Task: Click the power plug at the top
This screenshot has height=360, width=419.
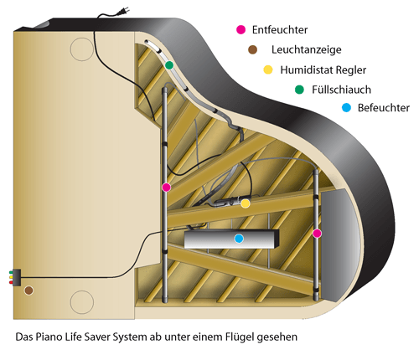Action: pos(122,11)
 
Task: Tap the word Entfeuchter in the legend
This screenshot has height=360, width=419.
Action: pos(280,30)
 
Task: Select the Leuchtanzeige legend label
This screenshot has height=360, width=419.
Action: pos(307,50)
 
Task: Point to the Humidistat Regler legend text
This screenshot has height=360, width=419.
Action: pos(323,69)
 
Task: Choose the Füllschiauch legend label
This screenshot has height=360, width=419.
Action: pos(341,90)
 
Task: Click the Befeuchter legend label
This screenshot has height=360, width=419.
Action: pos(384,108)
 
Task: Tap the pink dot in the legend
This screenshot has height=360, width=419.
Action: pos(241,29)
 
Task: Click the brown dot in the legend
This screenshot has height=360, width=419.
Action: pos(252,49)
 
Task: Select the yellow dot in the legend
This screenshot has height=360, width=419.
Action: pos(268,69)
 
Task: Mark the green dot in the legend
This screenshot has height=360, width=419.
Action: pos(299,90)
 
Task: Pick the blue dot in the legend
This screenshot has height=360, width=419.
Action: pos(346,107)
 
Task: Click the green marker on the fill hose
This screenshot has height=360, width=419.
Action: pos(169,65)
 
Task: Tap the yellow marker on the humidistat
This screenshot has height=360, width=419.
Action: pos(246,203)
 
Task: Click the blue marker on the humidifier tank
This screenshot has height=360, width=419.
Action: pos(239,239)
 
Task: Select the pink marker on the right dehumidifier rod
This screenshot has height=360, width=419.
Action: pos(317,234)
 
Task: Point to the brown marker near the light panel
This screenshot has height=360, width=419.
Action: pos(28,291)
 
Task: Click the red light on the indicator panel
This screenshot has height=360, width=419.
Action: pos(11,283)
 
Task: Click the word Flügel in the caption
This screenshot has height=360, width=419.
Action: pos(240,337)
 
